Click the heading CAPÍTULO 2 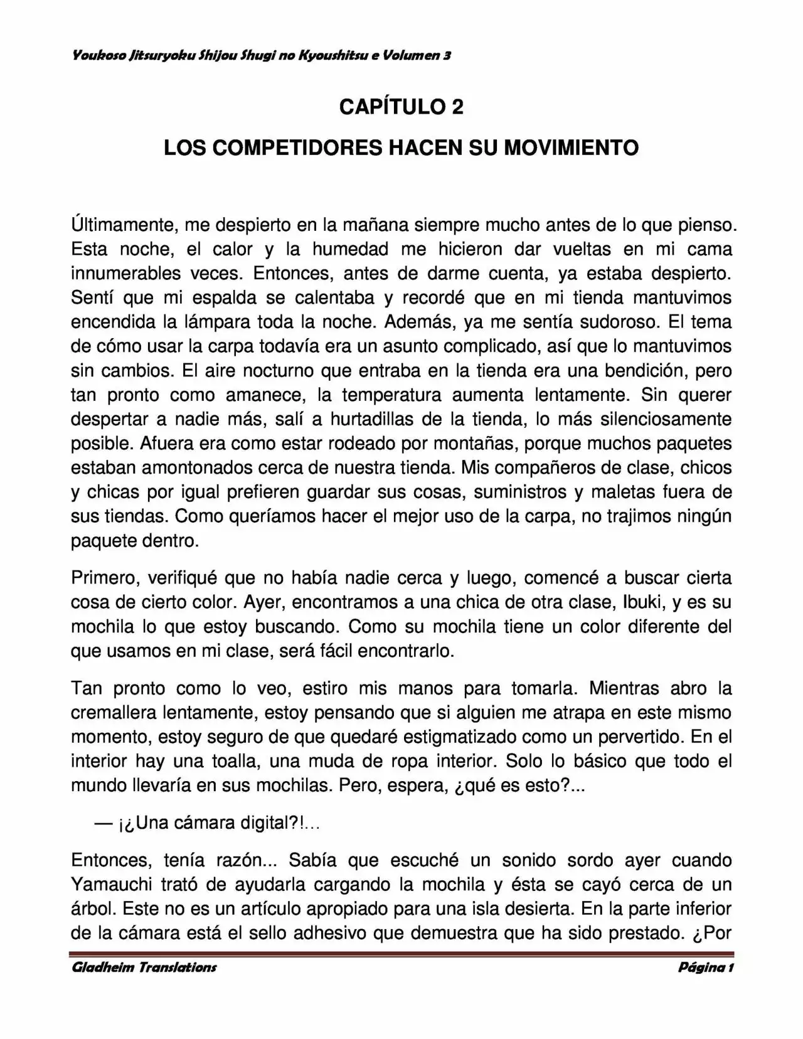[x=401, y=107]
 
